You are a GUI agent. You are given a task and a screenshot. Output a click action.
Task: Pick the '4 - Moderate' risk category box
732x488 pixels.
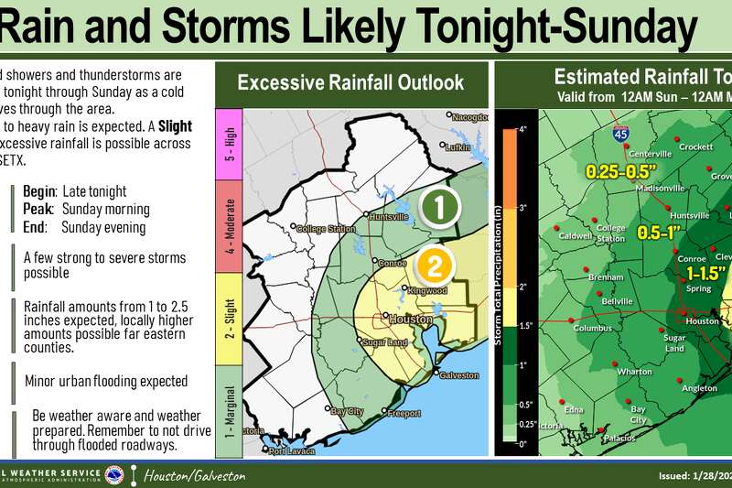227,225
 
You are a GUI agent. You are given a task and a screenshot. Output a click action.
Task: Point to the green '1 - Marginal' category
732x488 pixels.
227,410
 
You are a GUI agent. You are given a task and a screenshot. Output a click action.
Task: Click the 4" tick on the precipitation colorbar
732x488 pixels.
522,129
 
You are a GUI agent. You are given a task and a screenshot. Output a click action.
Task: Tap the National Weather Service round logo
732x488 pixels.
114,475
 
